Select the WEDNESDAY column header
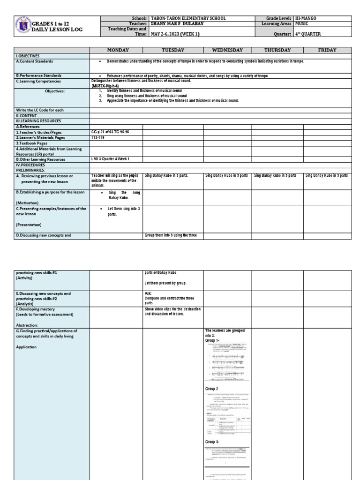pyautogui.click(x=227, y=50)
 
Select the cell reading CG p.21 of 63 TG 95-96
pyautogui.click(x=110, y=132)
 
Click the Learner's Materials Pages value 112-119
pyautogui.click(x=99, y=137)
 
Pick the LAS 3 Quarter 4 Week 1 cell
pyautogui.click(x=110, y=159)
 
